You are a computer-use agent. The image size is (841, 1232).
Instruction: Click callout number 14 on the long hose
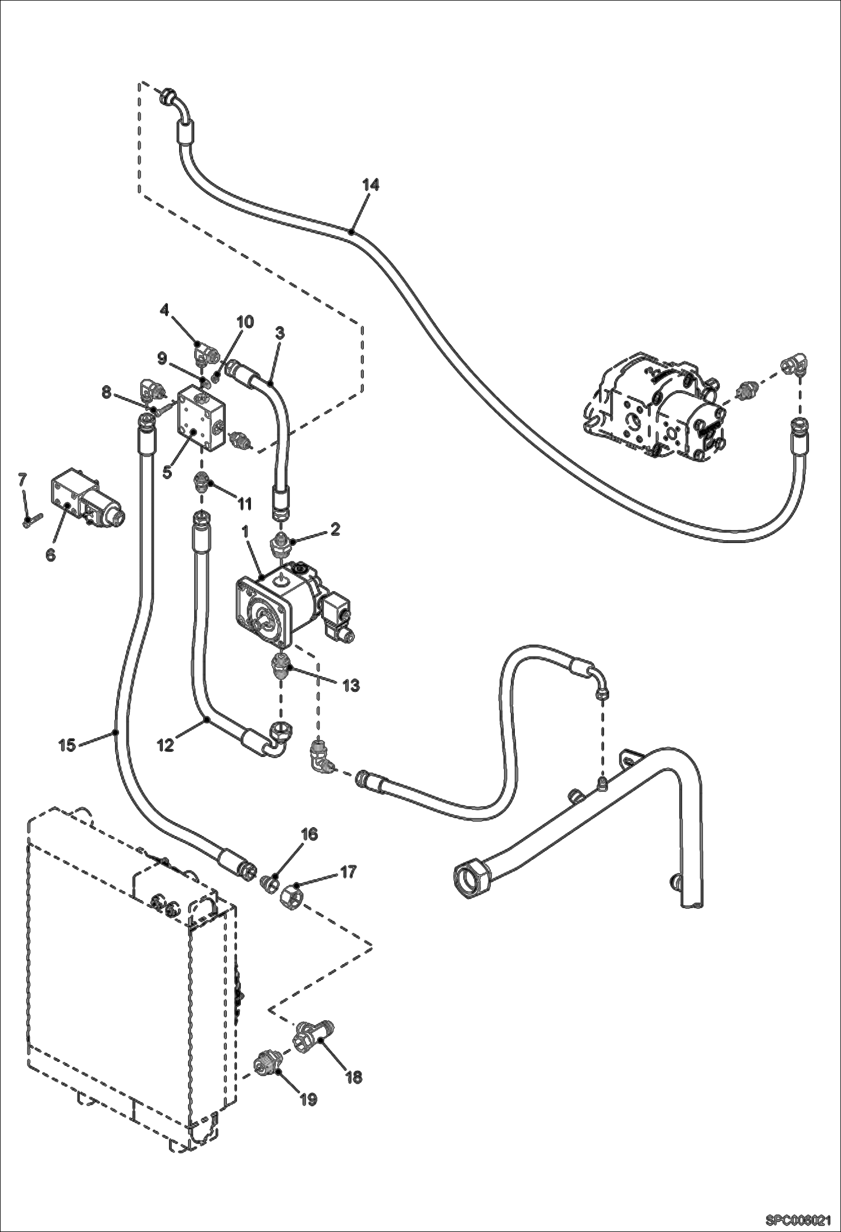pos(370,185)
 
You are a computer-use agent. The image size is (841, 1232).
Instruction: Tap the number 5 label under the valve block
pos(167,472)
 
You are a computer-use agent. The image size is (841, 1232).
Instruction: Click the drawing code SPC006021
pos(798,1220)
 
